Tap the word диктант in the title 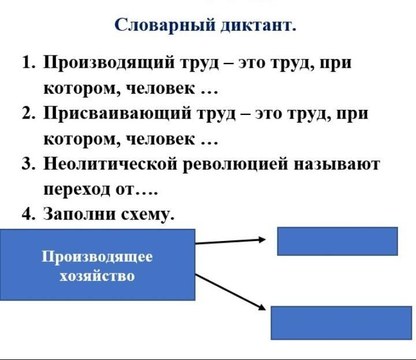(x=257, y=25)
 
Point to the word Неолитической (x=109, y=164)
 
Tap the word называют (x=337, y=164)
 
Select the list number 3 (x=29, y=164)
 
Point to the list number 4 (x=29, y=214)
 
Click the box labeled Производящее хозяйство (x=97, y=265)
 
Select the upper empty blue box (x=337, y=241)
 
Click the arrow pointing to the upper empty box (x=230, y=241)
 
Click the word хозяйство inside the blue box (x=97, y=276)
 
